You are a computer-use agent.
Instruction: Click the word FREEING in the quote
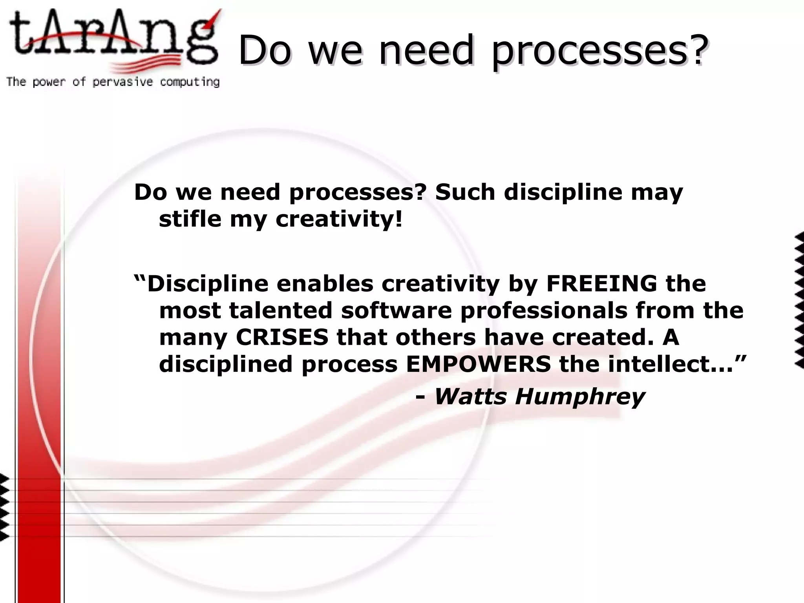(x=601, y=283)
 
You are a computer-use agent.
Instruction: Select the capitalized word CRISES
(x=282, y=337)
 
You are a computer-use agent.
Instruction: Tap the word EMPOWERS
(x=478, y=364)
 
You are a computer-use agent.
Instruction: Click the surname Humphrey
(x=580, y=397)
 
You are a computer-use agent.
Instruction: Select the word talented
(x=281, y=310)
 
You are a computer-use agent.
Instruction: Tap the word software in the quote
(x=397, y=310)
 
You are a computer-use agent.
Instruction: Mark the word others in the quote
(x=435, y=337)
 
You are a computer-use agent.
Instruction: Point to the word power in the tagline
(x=49, y=82)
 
